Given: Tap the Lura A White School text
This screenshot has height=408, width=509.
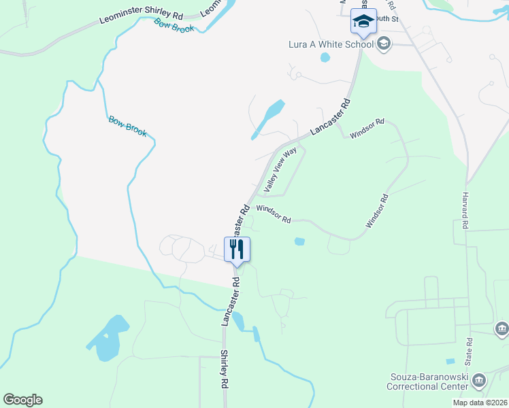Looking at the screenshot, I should point(330,45).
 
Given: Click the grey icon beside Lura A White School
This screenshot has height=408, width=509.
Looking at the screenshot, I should point(383,44).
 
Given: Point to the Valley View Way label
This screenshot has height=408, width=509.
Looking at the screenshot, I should point(280,169).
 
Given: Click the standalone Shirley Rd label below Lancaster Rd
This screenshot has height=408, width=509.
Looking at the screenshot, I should point(223,369).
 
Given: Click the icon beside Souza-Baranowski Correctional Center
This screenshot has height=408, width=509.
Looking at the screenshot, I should point(478,379).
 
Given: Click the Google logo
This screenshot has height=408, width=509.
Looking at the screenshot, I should point(22,400).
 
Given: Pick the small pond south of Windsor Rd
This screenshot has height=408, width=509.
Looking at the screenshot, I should point(299,241).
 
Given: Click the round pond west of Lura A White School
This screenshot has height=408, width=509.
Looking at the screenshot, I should point(325,58).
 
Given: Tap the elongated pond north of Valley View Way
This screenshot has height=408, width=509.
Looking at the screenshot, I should point(268,118).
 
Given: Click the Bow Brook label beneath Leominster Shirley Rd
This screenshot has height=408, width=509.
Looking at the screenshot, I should point(174,26).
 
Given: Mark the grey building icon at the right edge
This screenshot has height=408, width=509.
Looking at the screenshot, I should point(502,329).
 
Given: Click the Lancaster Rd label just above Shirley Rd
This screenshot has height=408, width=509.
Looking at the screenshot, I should point(230,299).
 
